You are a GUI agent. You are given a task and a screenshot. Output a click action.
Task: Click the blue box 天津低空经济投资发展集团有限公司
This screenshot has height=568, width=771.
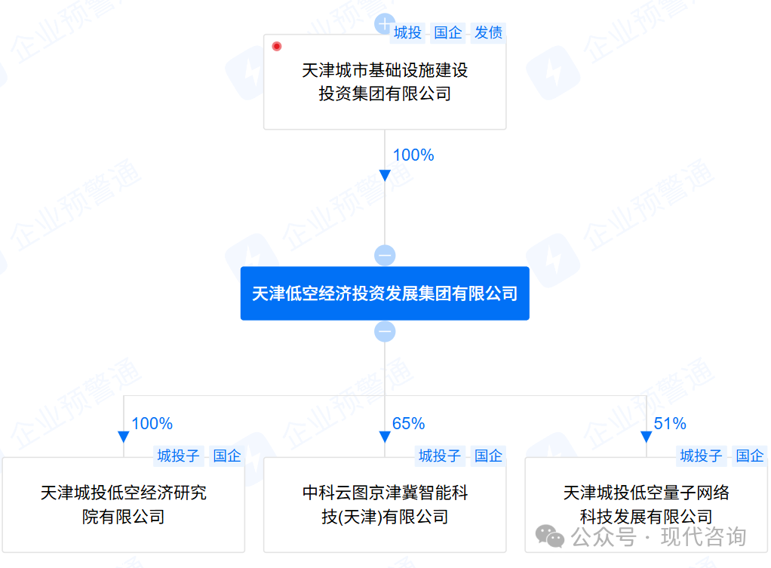click(x=385, y=293)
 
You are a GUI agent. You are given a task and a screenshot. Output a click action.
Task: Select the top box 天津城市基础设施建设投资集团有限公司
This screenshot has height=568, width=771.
click(x=385, y=82)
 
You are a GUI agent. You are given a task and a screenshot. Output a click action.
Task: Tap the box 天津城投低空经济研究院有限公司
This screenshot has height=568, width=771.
click(x=123, y=505)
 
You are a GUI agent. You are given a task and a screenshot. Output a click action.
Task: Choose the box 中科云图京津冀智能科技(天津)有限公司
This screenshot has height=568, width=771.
click(x=385, y=505)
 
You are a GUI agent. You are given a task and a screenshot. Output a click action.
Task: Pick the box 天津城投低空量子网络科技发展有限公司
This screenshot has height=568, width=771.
click(x=646, y=505)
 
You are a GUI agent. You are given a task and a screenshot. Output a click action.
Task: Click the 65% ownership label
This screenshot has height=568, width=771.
click(x=409, y=424)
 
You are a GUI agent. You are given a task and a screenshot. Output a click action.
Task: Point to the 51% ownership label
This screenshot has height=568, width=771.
click(x=670, y=424)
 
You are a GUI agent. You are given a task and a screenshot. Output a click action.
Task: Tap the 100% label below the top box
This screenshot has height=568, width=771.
click(x=413, y=155)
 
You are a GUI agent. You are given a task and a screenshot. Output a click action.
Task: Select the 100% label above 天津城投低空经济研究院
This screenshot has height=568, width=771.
click(x=152, y=424)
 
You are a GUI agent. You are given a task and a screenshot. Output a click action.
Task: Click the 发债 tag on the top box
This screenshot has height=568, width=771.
click(x=488, y=32)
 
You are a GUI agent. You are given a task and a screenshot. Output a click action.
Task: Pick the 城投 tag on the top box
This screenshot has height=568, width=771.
click(x=408, y=32)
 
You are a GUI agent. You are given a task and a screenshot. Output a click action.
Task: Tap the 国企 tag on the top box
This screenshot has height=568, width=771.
click(x=448, y=32)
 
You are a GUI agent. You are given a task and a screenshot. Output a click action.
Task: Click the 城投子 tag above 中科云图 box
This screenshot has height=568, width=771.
click(x=440, y=456)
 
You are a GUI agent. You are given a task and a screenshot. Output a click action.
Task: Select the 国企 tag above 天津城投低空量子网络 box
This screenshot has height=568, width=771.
click(x=750, y=456)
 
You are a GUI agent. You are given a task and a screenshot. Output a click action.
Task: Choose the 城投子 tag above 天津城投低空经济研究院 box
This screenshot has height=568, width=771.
click(x=178, y=456)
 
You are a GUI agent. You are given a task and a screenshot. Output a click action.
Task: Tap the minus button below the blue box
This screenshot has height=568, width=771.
click(x=385, y=331)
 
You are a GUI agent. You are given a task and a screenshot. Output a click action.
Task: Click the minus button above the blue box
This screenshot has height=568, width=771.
click(x=385, y=255)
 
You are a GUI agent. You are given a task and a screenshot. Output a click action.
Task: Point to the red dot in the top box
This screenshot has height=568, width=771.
click(x=277, y=47)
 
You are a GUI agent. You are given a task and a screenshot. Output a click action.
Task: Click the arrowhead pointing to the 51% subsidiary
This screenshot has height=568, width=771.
click(x=646, y=437)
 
